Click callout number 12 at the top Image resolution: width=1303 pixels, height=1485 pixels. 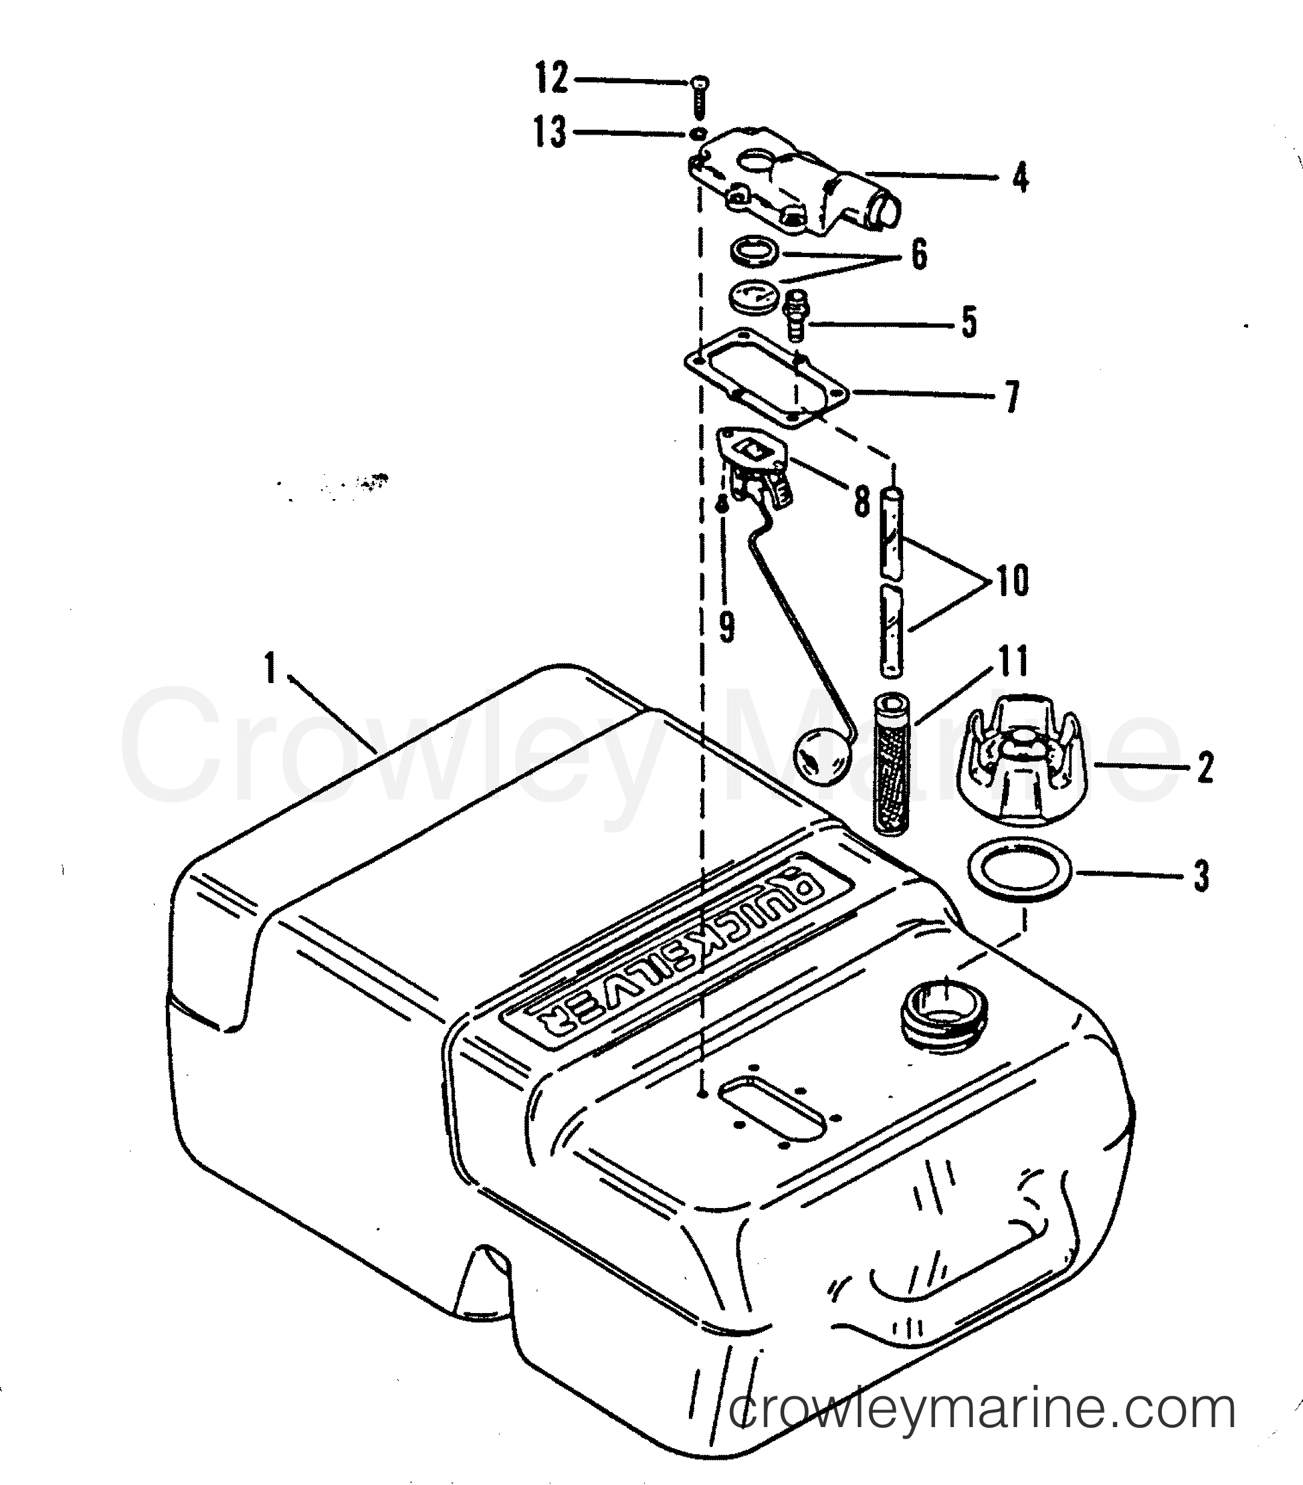point(551,78)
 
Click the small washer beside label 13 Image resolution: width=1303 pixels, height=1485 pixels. point(698,134)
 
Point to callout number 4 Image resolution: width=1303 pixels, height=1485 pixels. point(1021,177)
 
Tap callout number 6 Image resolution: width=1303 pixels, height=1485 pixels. point(919,255)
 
